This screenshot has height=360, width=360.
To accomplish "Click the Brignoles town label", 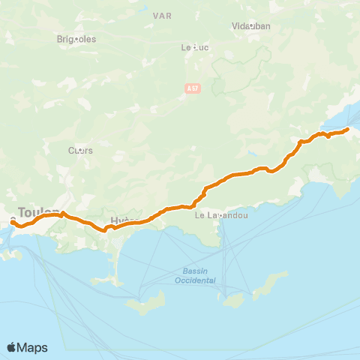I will (76, 39).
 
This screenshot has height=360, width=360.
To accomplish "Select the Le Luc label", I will (194, 46).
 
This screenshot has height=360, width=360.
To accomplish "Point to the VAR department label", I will (161, 15).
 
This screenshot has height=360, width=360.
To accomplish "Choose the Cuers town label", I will (80, 150).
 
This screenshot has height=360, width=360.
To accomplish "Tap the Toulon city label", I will (37, 212).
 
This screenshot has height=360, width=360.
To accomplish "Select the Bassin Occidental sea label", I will (199, 275).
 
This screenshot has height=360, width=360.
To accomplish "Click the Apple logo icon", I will (12, 347).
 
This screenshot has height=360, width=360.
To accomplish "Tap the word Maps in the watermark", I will (33, 347).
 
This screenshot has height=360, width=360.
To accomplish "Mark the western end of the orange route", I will (13, 221).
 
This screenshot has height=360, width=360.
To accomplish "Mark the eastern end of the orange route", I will (347, 130).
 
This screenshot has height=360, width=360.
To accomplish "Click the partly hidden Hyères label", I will (120, 220).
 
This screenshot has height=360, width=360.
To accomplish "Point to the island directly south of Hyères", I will (146, 303).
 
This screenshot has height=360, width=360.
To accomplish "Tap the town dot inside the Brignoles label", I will (76, 39).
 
